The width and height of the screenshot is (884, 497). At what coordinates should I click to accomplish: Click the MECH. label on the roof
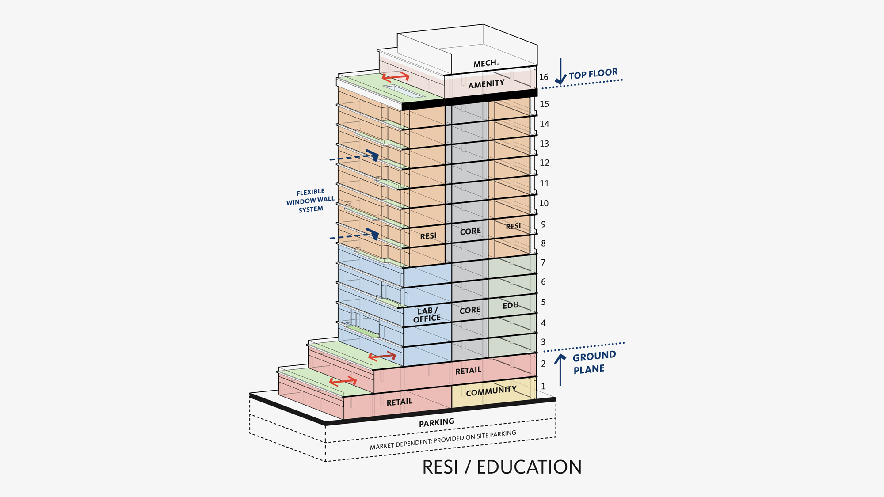486,64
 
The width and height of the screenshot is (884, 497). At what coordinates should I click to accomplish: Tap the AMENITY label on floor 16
486,84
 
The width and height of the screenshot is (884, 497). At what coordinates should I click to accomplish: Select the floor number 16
544,77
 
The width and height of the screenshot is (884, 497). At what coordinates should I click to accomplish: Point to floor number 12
545,163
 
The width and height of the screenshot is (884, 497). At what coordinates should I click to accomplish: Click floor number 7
543,262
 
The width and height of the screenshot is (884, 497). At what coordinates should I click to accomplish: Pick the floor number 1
543,387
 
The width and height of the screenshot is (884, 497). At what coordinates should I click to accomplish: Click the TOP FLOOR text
593,74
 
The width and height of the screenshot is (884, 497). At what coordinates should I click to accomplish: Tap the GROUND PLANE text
594,362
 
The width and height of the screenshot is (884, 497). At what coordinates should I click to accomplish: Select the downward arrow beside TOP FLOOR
560,72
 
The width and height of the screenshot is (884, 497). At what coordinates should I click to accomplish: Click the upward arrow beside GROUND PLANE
560,369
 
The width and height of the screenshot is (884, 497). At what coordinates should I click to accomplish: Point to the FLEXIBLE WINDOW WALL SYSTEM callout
310,201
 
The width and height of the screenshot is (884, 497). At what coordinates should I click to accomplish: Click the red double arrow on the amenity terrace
396,77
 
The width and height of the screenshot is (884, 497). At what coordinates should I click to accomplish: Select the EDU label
511,306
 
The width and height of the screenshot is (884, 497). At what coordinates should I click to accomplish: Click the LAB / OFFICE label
427,315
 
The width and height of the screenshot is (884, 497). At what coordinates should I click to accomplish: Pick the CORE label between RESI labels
470,231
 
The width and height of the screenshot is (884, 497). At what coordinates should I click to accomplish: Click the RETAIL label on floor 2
468,371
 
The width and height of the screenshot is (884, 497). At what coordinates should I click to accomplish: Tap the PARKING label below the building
437,423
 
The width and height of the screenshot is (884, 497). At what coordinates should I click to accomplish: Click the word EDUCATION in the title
529,467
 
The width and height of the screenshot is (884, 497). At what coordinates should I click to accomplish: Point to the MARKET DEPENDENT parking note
443,440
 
